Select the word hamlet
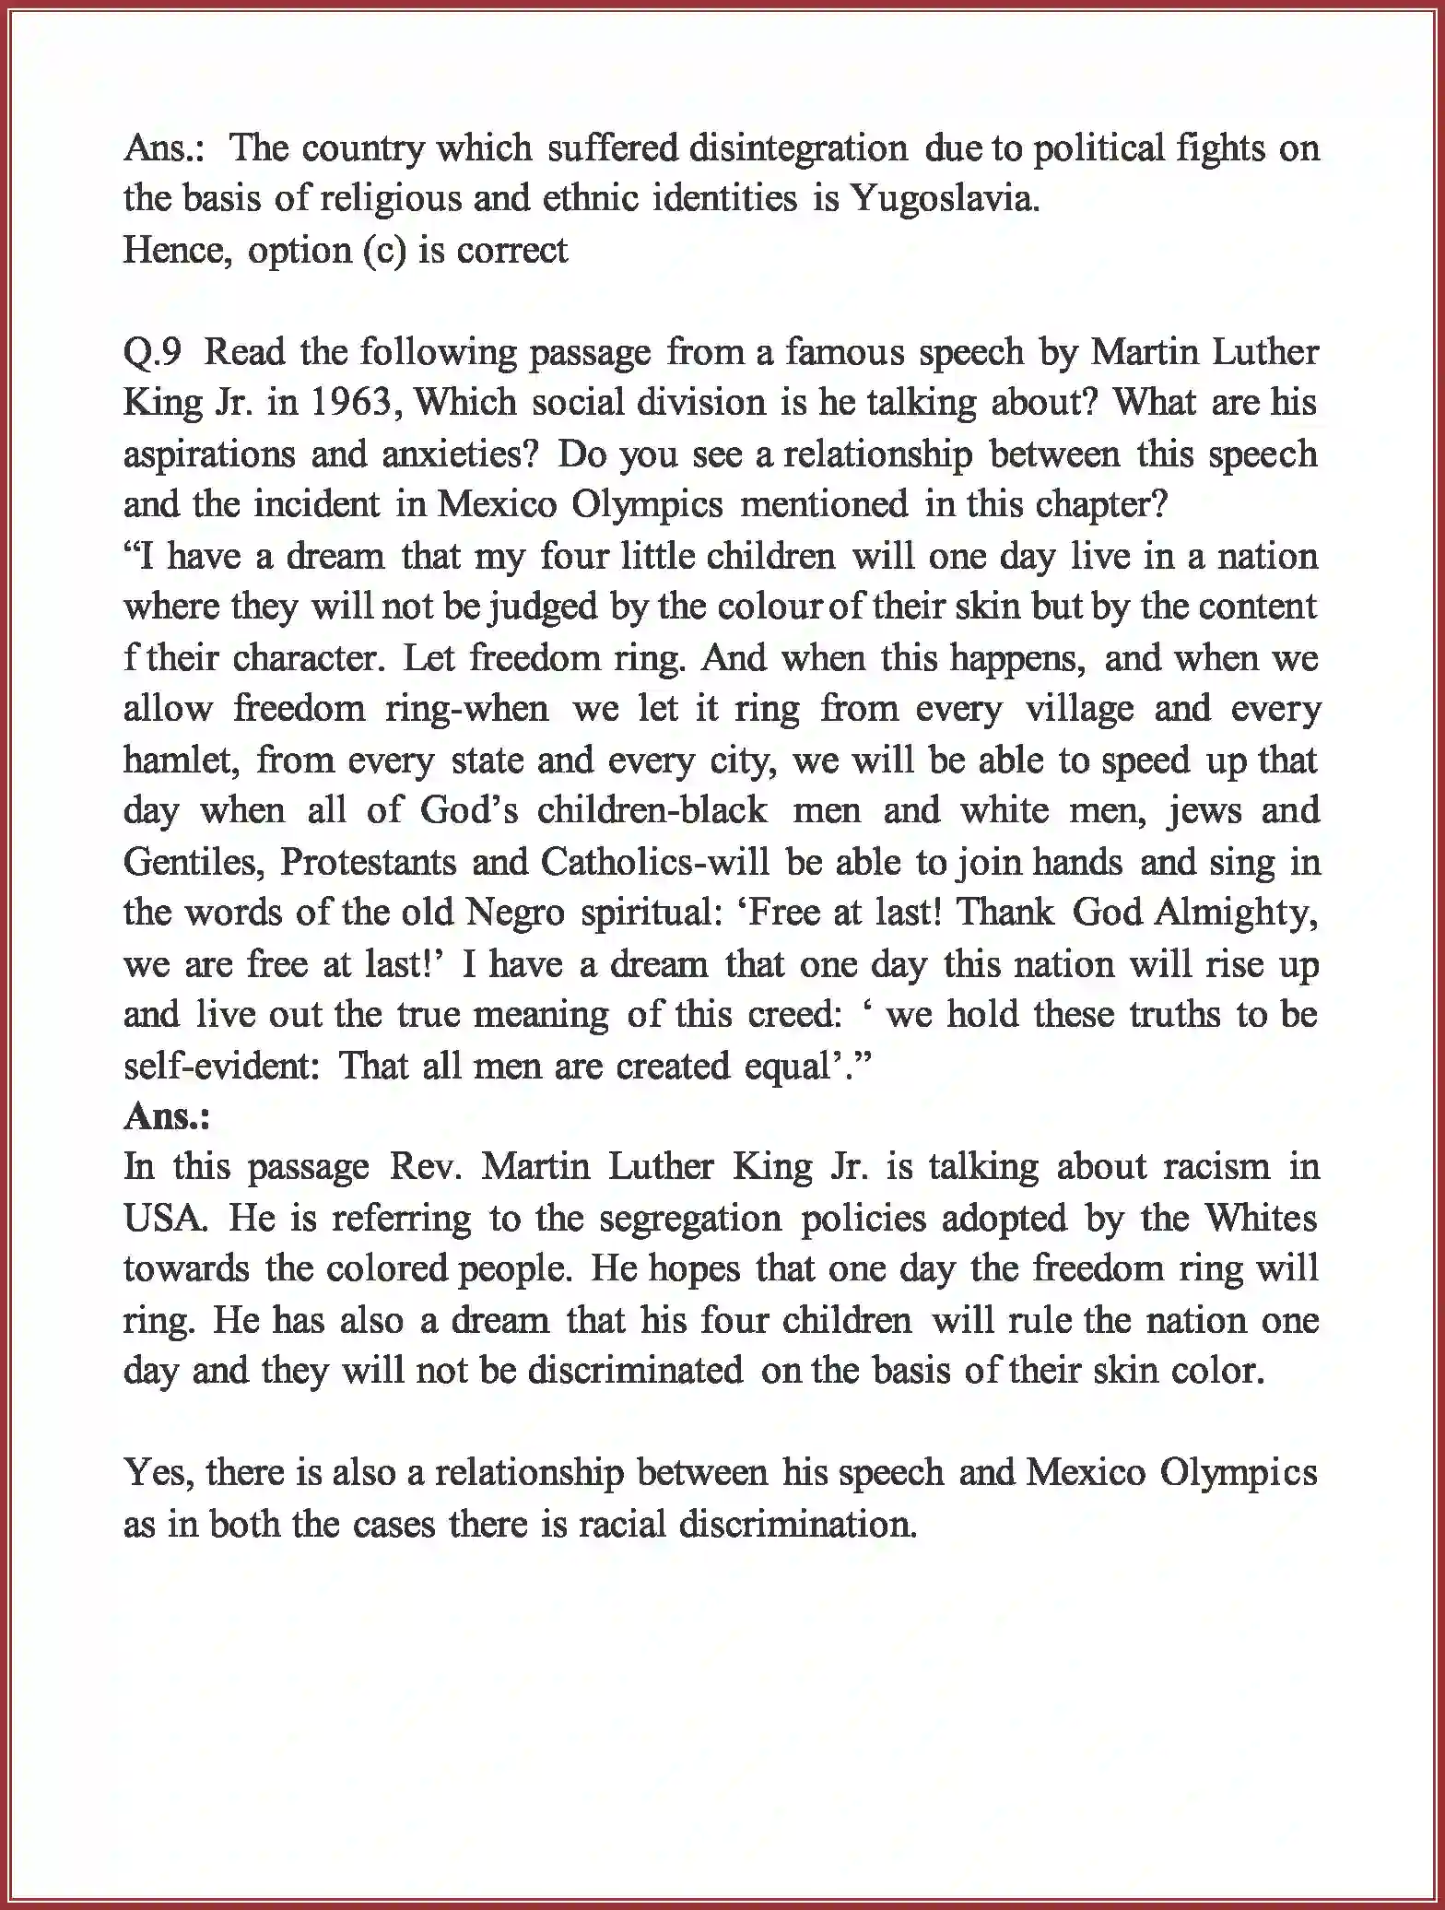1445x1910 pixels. [175, 760]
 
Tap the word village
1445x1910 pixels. [1079, 709]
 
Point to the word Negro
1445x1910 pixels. [515, 913]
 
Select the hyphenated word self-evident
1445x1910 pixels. [222, 1066]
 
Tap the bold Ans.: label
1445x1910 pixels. [167, 1116]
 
